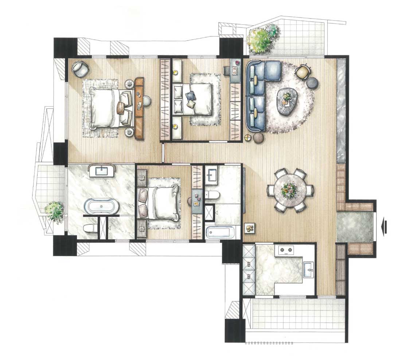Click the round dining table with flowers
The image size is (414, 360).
[290, 190]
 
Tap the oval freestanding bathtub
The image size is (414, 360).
[102, 206]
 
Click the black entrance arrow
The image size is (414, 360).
[384, 226]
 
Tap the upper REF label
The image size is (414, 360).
[249, 263]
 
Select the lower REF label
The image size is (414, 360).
[249, 276]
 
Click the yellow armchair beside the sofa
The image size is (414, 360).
[302, 71]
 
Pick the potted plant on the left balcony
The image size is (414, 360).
[55, 210]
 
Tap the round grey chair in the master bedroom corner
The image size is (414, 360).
[80, 69]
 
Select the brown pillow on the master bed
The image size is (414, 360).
[121, 108]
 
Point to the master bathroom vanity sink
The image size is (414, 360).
[102, 171]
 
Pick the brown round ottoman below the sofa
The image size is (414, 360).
[258, 138]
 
